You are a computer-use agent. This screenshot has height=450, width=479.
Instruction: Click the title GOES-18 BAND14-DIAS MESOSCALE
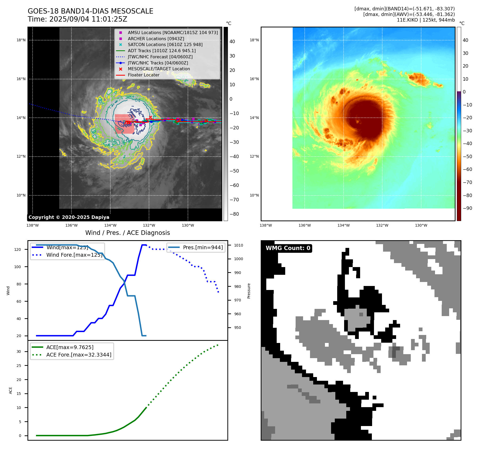pyautogui.click(x=90, y=11)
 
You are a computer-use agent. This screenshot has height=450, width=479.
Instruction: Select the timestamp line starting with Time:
pyautogui.click(x=77, y=19)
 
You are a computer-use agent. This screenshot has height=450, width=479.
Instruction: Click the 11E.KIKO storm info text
pyautogui.click(x=426, y=20)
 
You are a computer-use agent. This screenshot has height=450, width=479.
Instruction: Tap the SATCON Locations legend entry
pyautogui.click(x=165, y=45)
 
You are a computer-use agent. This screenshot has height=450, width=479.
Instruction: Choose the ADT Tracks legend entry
pyautogui.click(x=162, y=51)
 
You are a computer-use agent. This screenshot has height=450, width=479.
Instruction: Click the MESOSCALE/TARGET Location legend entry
pyautogui.click(x=159, y=69)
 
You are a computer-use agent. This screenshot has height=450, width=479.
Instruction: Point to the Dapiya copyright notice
pyautogui.click(x=69, y=217)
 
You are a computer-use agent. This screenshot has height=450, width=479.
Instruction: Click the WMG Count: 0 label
pyautogui.click(x=288, y=248)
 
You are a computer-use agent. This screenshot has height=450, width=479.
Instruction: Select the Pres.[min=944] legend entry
pyautogui.click(x=203, y=248)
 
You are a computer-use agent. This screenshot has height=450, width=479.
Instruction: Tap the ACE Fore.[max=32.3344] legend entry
pyautogui.click(x=79, y=355)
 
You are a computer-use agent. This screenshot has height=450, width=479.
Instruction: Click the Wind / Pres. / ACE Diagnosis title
pyautogui.click(x=127, y=233)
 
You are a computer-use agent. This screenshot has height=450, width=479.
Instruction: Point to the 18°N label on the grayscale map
pyautogui.click(x=21, y=40)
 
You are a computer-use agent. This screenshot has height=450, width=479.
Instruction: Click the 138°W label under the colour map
pyautogui.click(x=266, y=226)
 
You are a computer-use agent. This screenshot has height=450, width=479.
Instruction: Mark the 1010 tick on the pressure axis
pyautogui.click(x=239, y=245)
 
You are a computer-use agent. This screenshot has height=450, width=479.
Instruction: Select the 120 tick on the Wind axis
pyautogui.click(x=18, y=249)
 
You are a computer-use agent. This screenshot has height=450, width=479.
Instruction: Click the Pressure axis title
pyautogui.click(x=249, y=291)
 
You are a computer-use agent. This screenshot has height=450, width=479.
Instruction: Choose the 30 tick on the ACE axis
pyautogui.click(x=19, y=351)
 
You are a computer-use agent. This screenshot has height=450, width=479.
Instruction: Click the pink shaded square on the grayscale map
pyautogui.click(x=124, y=124)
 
